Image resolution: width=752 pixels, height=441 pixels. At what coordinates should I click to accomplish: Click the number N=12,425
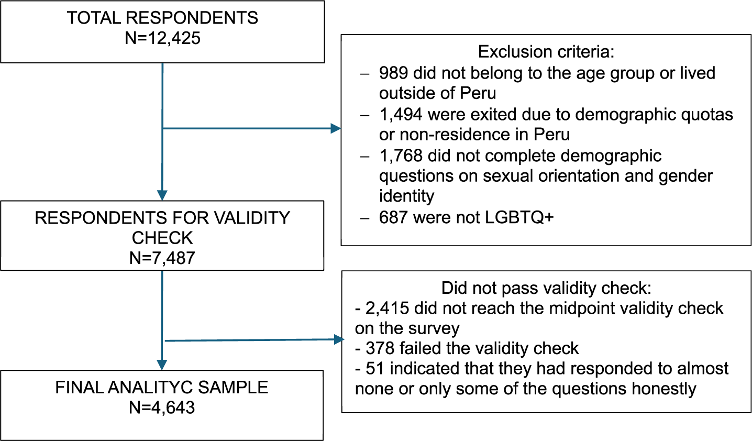162,38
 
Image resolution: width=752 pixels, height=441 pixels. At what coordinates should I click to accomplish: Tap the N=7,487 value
162,258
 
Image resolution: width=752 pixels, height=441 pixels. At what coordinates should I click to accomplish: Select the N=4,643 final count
162,407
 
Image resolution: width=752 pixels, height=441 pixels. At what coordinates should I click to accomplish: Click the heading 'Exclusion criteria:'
546,52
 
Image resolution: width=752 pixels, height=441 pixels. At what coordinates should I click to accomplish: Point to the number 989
393,73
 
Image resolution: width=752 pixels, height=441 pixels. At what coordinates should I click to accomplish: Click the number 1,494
401,115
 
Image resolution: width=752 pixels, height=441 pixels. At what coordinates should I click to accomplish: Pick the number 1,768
401,156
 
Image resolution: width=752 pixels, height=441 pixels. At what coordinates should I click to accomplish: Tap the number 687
393,217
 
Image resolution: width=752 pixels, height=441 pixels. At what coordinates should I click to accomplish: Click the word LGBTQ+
519,217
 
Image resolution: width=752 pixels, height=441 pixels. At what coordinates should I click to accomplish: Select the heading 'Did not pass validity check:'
546,288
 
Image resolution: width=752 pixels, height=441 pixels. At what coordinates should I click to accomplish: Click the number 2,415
388,308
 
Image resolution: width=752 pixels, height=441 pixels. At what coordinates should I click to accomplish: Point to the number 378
380,348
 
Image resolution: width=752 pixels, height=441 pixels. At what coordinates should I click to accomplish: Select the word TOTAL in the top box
94,18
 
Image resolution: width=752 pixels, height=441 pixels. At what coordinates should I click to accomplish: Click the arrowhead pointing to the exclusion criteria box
336,128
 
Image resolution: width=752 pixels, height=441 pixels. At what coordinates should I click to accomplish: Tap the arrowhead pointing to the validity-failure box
339,339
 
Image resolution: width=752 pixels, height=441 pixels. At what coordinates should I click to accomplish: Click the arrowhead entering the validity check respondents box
162,195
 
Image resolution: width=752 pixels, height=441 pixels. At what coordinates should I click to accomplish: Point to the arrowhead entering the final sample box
162,365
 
